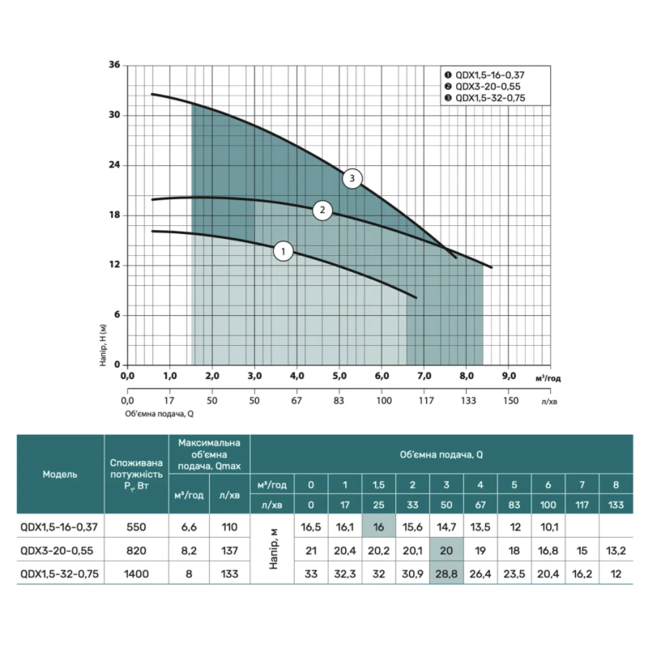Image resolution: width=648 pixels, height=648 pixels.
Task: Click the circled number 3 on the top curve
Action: coord(352,178)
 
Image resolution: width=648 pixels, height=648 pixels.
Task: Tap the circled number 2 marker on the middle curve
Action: coord(322,211)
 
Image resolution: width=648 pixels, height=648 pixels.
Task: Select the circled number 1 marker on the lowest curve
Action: coord(283,252)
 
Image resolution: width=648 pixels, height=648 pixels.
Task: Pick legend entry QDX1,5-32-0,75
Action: coord(489,97)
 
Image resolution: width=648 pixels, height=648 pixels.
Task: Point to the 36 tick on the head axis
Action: coord(113,65)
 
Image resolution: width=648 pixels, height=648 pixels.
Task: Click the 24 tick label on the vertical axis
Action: coord(113,165)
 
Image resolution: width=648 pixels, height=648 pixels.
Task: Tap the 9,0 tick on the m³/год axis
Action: coord(509,377)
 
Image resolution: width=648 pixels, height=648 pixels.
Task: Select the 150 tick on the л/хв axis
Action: coord(509,400)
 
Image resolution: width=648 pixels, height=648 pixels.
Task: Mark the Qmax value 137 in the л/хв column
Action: coord(230,551)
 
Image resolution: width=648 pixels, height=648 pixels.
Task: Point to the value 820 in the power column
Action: coord(135,551)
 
